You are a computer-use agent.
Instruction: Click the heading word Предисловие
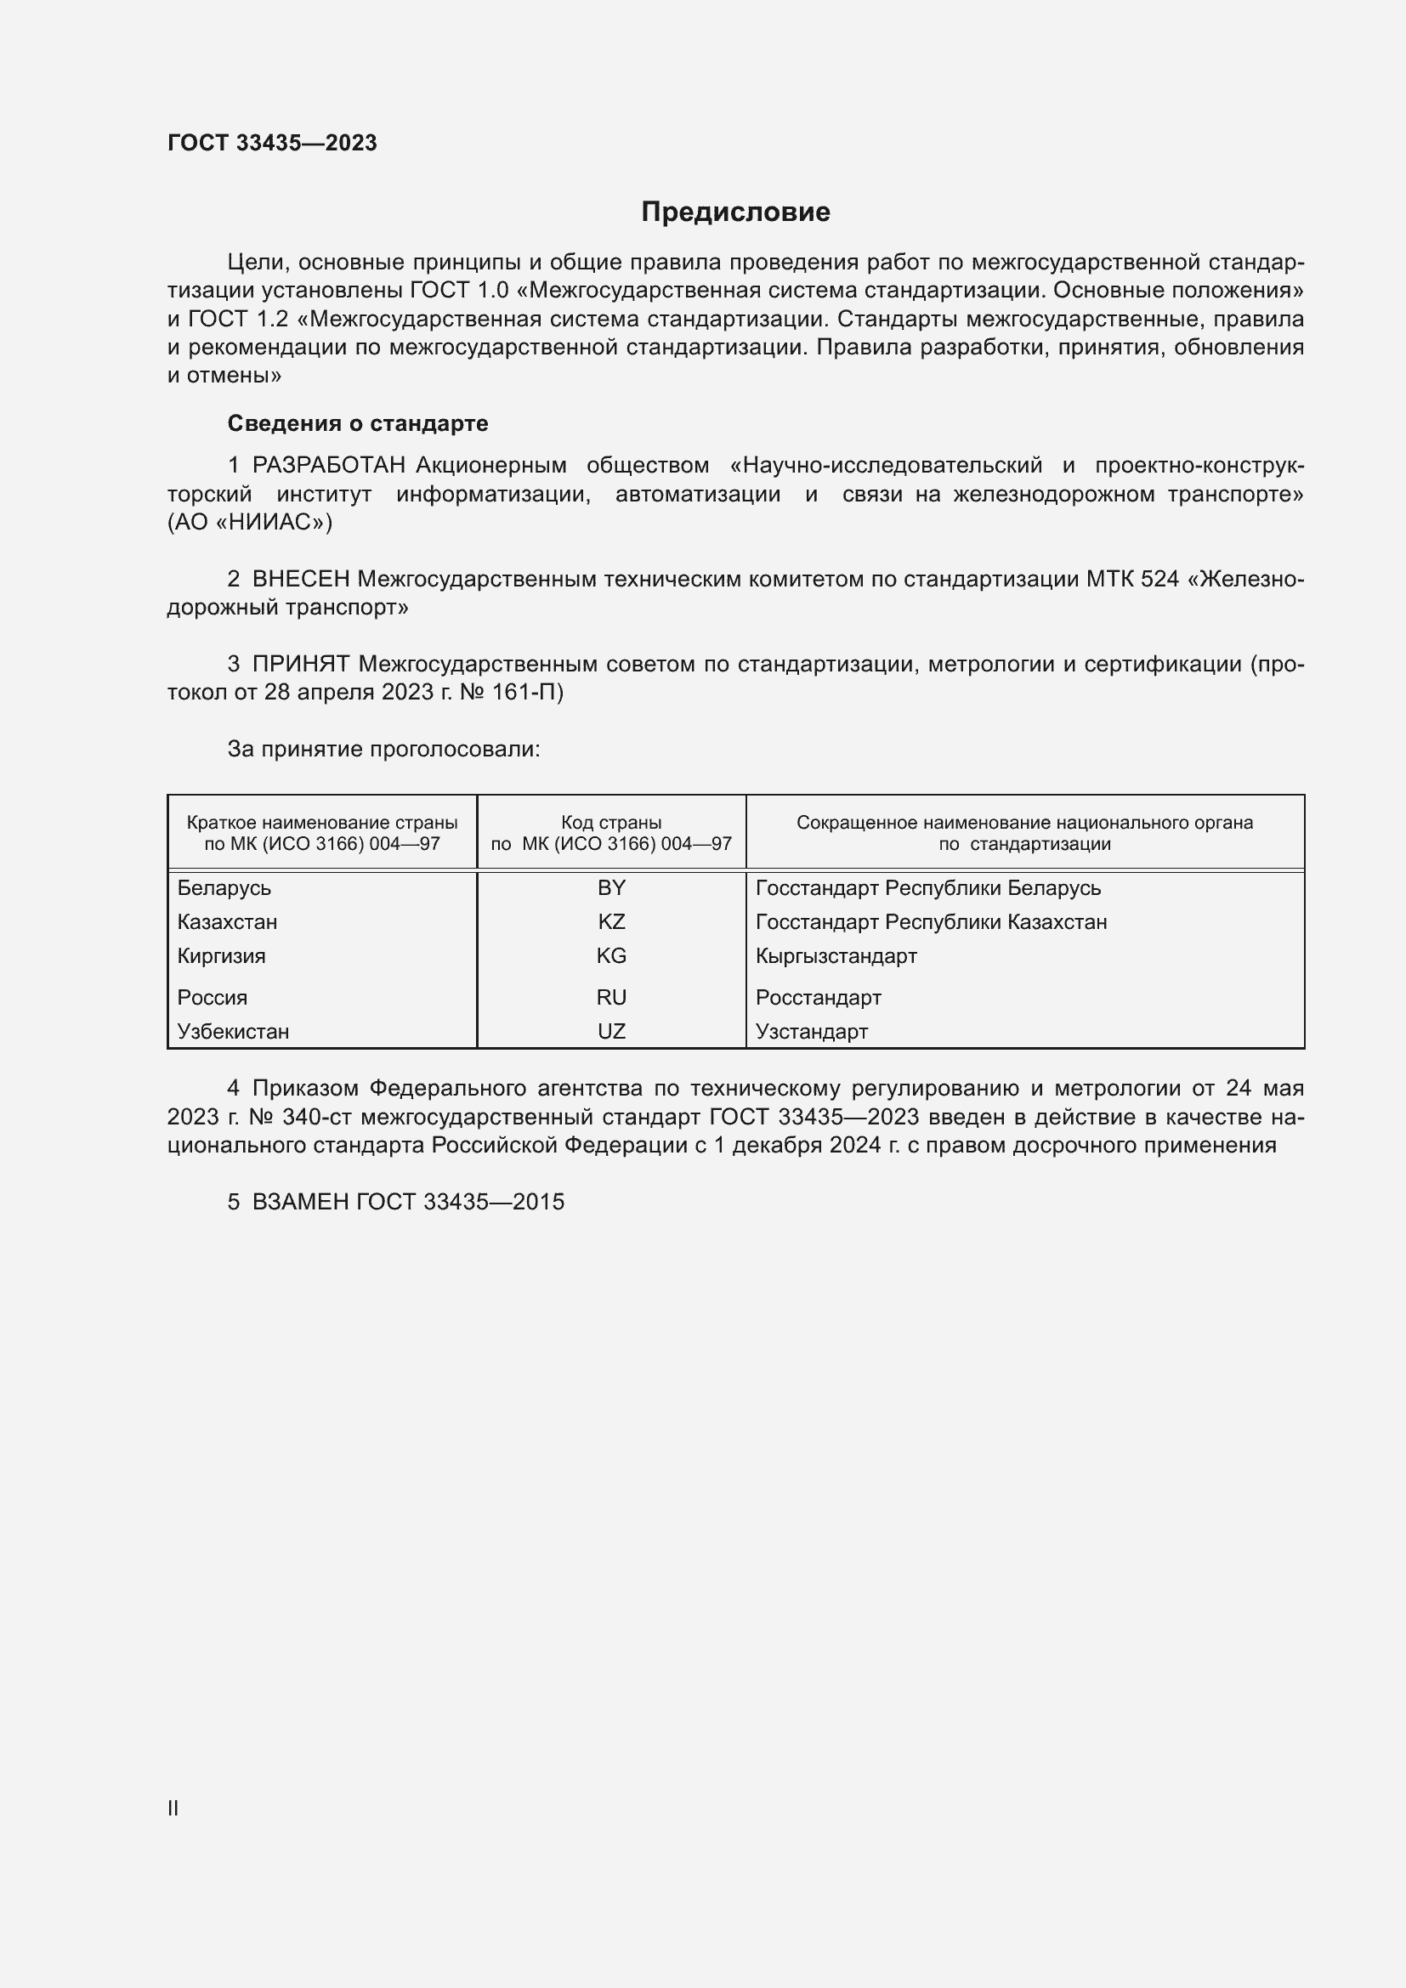735,212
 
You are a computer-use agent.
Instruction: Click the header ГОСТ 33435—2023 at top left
272,143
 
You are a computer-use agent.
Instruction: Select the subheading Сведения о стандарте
358,423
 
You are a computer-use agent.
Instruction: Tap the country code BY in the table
611,887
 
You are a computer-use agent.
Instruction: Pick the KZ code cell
611,922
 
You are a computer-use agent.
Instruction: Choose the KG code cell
611,956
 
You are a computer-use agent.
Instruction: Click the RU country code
611,998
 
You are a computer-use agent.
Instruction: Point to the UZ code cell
611,1031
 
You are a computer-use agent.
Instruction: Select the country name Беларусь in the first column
224,888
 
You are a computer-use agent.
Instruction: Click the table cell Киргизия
222,957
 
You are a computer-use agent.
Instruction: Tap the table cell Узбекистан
233,1032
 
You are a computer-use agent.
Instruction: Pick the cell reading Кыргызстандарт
836,957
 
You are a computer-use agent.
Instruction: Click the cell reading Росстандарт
818,998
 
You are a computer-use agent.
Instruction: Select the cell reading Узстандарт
811,1032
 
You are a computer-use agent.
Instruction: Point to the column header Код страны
611,823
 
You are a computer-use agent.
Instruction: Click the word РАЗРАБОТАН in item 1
329,466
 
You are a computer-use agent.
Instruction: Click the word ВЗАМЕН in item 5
300,1202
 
